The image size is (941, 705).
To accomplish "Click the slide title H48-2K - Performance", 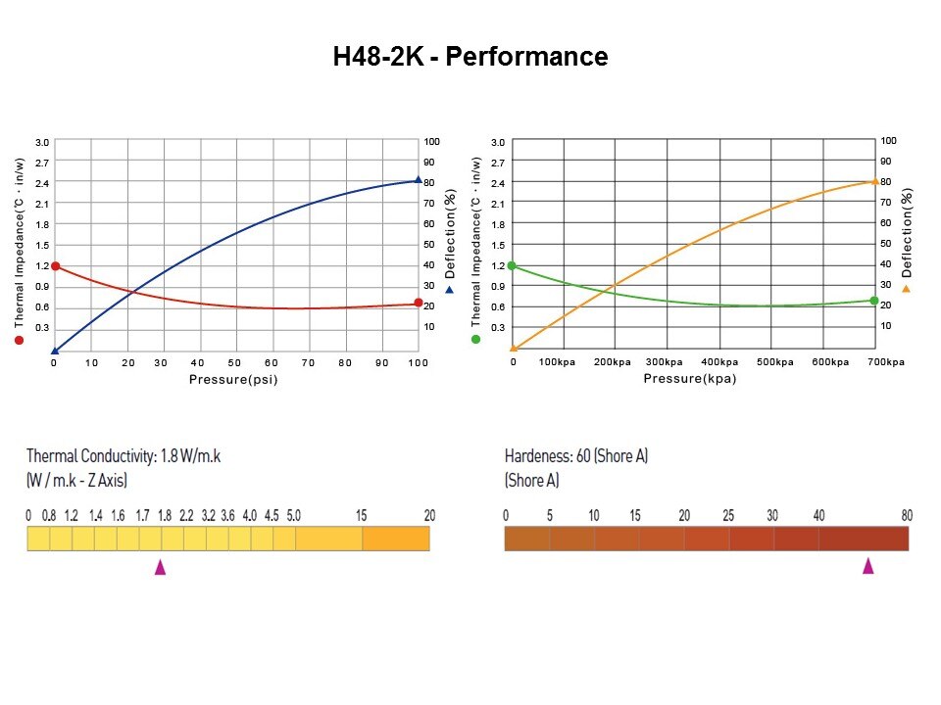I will (x=470, y=57).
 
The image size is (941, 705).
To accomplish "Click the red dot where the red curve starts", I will (x=55, y=266).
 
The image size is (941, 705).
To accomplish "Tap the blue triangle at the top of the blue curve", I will (x=419, y=180).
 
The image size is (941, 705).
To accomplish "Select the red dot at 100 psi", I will (x=419, y=304).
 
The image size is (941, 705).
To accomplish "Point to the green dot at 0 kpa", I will (x=512, y=266).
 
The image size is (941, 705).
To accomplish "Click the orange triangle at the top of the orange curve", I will (x=874, y=181).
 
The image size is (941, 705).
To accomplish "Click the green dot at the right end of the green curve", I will (x=874, y=301).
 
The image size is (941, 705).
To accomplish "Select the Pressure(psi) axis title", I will (x=233, y=379).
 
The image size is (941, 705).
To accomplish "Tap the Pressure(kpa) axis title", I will (x=690, y=379).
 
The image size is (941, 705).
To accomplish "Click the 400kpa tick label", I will (x=719, y=362).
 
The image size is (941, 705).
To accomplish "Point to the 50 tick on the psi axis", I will (x=235, y=362).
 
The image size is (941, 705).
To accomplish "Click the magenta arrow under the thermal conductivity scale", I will (x=160, y=567).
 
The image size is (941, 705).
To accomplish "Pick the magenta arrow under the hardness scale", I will (x=867, y=566).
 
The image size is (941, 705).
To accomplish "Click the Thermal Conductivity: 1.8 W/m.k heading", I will (x=124, y=456).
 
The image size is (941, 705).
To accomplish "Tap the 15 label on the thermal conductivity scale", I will (x=362, y=515).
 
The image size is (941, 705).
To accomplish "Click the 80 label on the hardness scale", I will (x=907, y=515).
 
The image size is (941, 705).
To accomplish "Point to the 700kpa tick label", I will (x=886, y=362).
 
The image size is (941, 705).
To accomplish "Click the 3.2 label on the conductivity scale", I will (x=208, y=515).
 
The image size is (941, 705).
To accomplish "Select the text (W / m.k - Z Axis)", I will (x=76, y=481).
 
